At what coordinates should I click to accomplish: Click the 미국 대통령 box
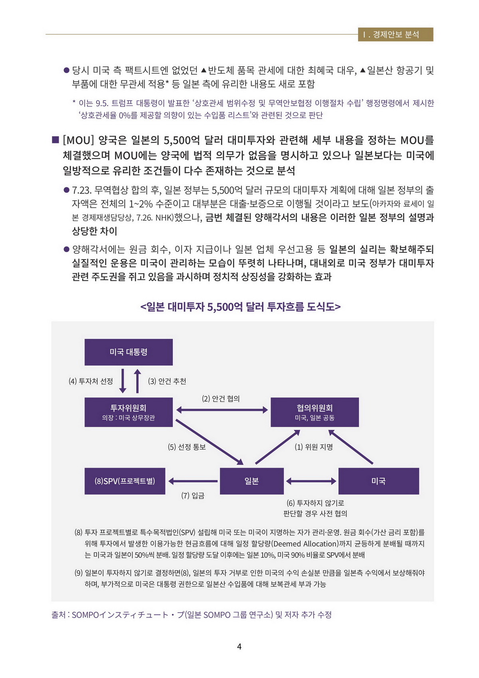pyautogui.click(x=129, y=352)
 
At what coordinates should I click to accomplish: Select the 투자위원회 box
pyautogui.click(x=129, y=412)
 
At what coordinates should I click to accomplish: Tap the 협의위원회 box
pyautogui.click(x=315, y=412)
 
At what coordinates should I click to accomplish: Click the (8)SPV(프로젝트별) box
pyautogui.click(x=125, y=481)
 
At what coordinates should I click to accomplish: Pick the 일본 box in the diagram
pyautogui.click(x=251, y=481)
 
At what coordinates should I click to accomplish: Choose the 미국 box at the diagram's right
pyautogui.click(x=378, y=481)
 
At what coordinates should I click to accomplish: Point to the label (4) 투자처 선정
pyautogui.click(x=91, y=381)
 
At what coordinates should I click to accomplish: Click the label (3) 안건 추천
pyautogui.click(x=167, y=381)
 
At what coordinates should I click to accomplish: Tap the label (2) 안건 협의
pyautogui.click(x=221, y=398)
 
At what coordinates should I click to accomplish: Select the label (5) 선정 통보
pyautogui.click(x=186, y=447)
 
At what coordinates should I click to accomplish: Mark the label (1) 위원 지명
pyautogui.click(x=314, y=447)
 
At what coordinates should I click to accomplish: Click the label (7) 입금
pyautogui.click(x=193, y=496)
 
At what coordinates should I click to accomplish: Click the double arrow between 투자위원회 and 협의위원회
pyautogui.click(x=222, y=410)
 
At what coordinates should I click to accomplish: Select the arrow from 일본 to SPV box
pyautogui.click(x=193, y=481)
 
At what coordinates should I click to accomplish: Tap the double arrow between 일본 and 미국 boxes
pyautogui.click(x=311, y=481)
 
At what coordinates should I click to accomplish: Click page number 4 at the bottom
pyautogui.click(x=239, y=646)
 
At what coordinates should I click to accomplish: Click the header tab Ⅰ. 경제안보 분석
pyautogui.click(x=395, y=35)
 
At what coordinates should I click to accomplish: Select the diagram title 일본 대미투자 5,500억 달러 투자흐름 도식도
pyautogui.click(x=240, y=307)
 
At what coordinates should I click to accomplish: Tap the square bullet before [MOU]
pyautogui.click(x=55, y=140)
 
